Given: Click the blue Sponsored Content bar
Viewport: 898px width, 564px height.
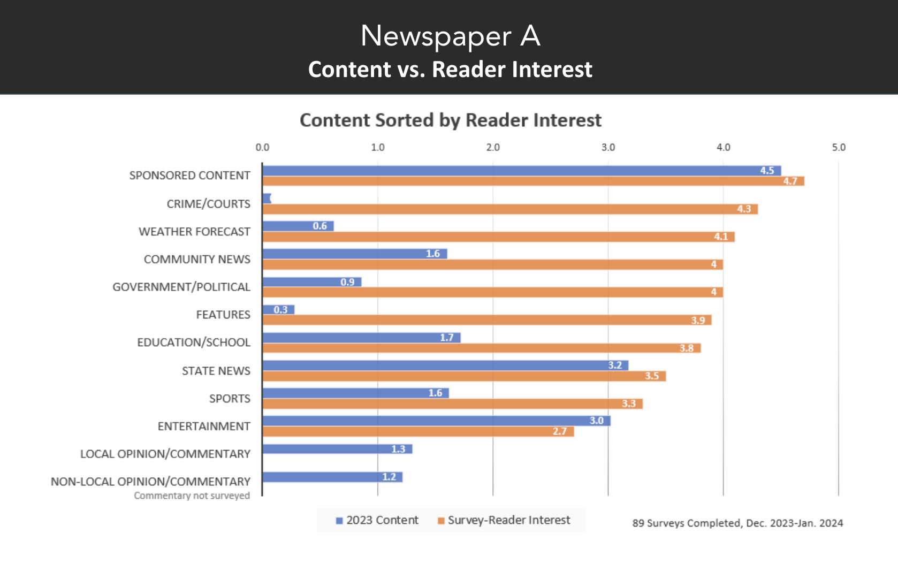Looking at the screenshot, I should point(521,171).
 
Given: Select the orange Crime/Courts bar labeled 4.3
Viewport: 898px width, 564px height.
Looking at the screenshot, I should point(510,209).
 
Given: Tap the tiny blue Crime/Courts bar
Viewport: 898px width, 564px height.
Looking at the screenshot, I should point(267,199).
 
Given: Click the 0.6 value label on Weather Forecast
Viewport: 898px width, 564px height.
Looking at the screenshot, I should point(319,226).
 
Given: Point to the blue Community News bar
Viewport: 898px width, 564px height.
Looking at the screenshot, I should point(354,254).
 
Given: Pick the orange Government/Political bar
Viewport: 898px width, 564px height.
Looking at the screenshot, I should point(492,292).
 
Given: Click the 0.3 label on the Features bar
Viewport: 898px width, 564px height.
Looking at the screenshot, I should point(280,310).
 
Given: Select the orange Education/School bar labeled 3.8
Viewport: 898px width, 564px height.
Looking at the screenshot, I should point(482,348).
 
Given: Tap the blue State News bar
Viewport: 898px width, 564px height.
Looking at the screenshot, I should point(445,365).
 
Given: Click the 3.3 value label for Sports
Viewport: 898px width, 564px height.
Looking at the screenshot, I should point(628,404).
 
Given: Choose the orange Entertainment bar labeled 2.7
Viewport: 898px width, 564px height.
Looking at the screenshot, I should point(418,432).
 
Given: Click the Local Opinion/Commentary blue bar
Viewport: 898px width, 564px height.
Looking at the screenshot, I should point(337,449).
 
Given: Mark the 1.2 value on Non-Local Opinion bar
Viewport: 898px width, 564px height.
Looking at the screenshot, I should point(389,477).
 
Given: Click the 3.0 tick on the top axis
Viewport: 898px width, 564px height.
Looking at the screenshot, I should point(608,147).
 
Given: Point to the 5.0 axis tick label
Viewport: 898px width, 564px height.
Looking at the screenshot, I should point(839,147).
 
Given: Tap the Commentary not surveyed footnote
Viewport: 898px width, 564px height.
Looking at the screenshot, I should point(192,496).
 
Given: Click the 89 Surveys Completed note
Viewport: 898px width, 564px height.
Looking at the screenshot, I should point(737,523).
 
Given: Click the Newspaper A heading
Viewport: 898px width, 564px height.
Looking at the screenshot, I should point(450,36).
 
